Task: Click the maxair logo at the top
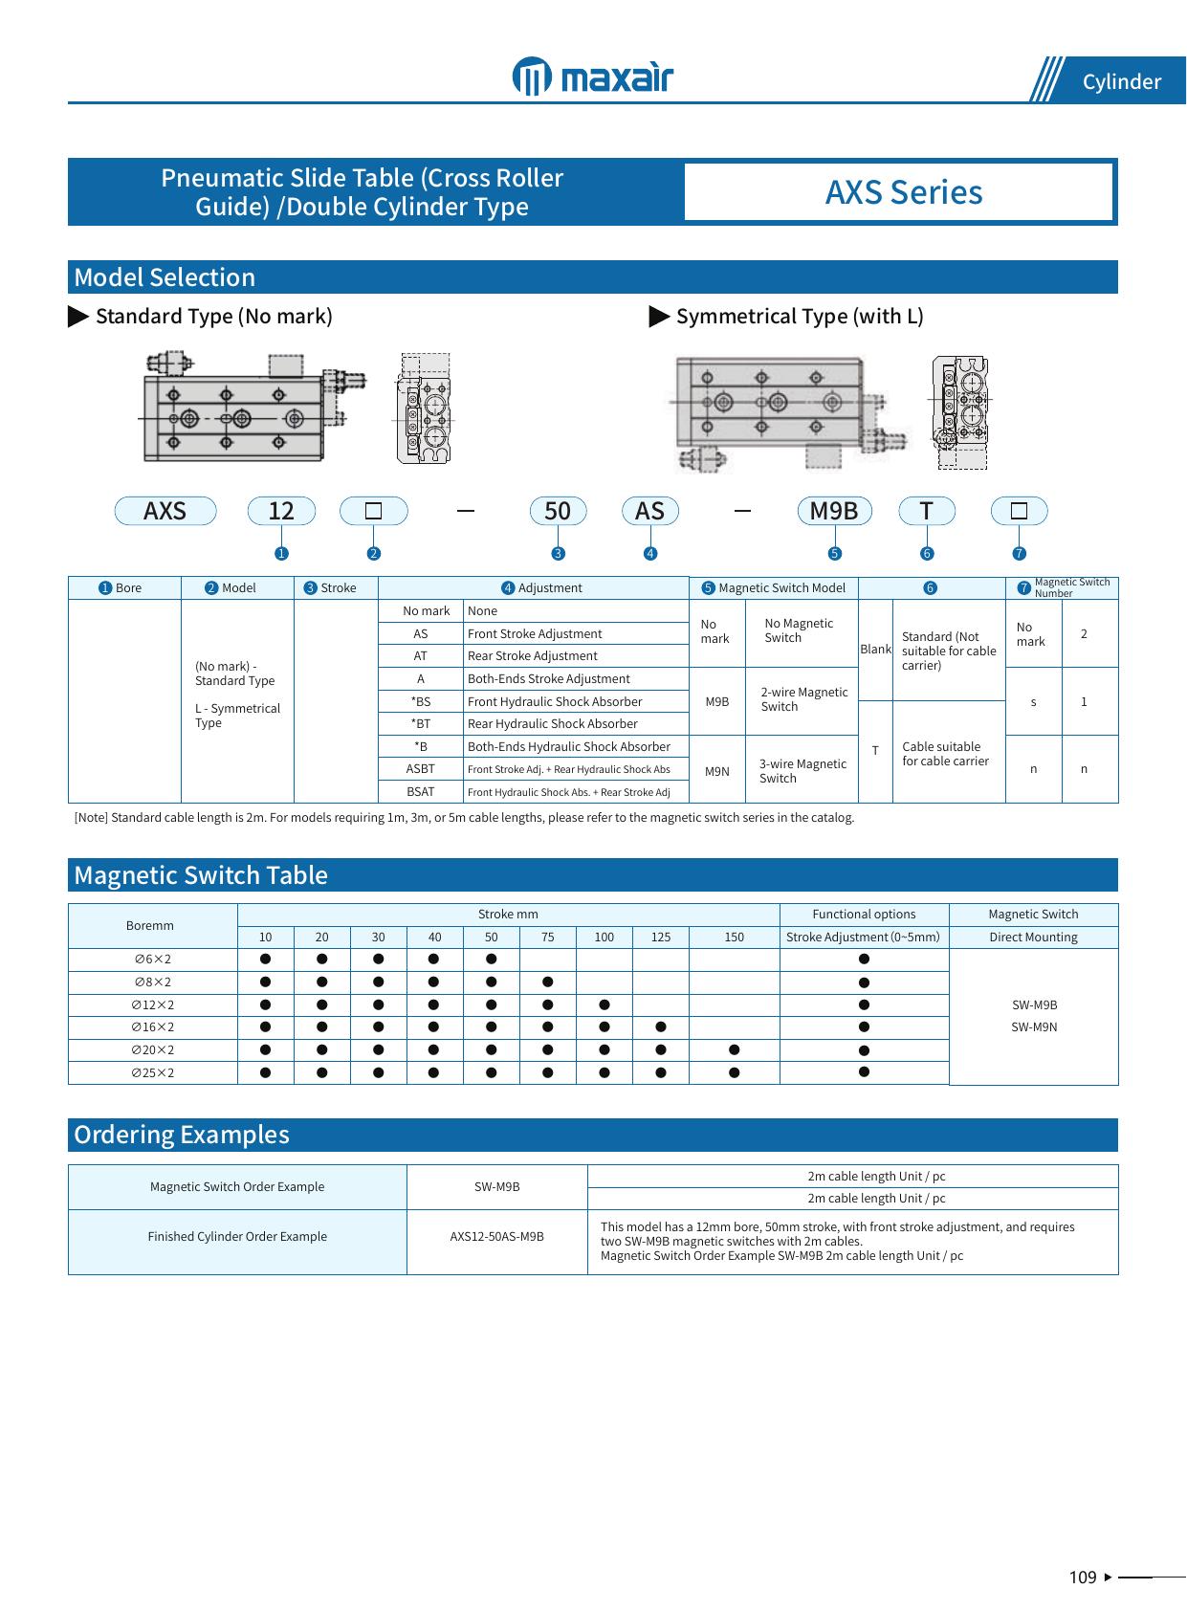coord(593,77)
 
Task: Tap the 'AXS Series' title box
coord(903,192)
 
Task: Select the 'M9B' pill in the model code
coord(834,511)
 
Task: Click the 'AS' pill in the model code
coord(649,511)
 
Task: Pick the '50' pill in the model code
coord(558,511)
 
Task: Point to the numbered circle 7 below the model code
coord(1020,553)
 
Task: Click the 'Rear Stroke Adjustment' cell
coord(533,656)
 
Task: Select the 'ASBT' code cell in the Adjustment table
coord(421,769)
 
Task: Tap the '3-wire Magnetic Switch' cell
coord(802,770)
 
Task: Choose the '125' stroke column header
coord(661,938)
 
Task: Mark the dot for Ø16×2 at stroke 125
coord(661,1027)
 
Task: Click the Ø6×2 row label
coord(153,960)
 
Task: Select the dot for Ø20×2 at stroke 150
coord(734,1049)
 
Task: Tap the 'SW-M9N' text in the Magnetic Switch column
coord(1034,1027)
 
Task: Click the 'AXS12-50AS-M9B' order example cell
coord(497,1237)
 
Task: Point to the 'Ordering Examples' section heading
coord(182,1135)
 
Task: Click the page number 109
coord(1083,1578)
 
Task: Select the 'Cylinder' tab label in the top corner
coord(1121,82)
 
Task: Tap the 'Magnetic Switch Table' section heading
coord(201,875)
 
